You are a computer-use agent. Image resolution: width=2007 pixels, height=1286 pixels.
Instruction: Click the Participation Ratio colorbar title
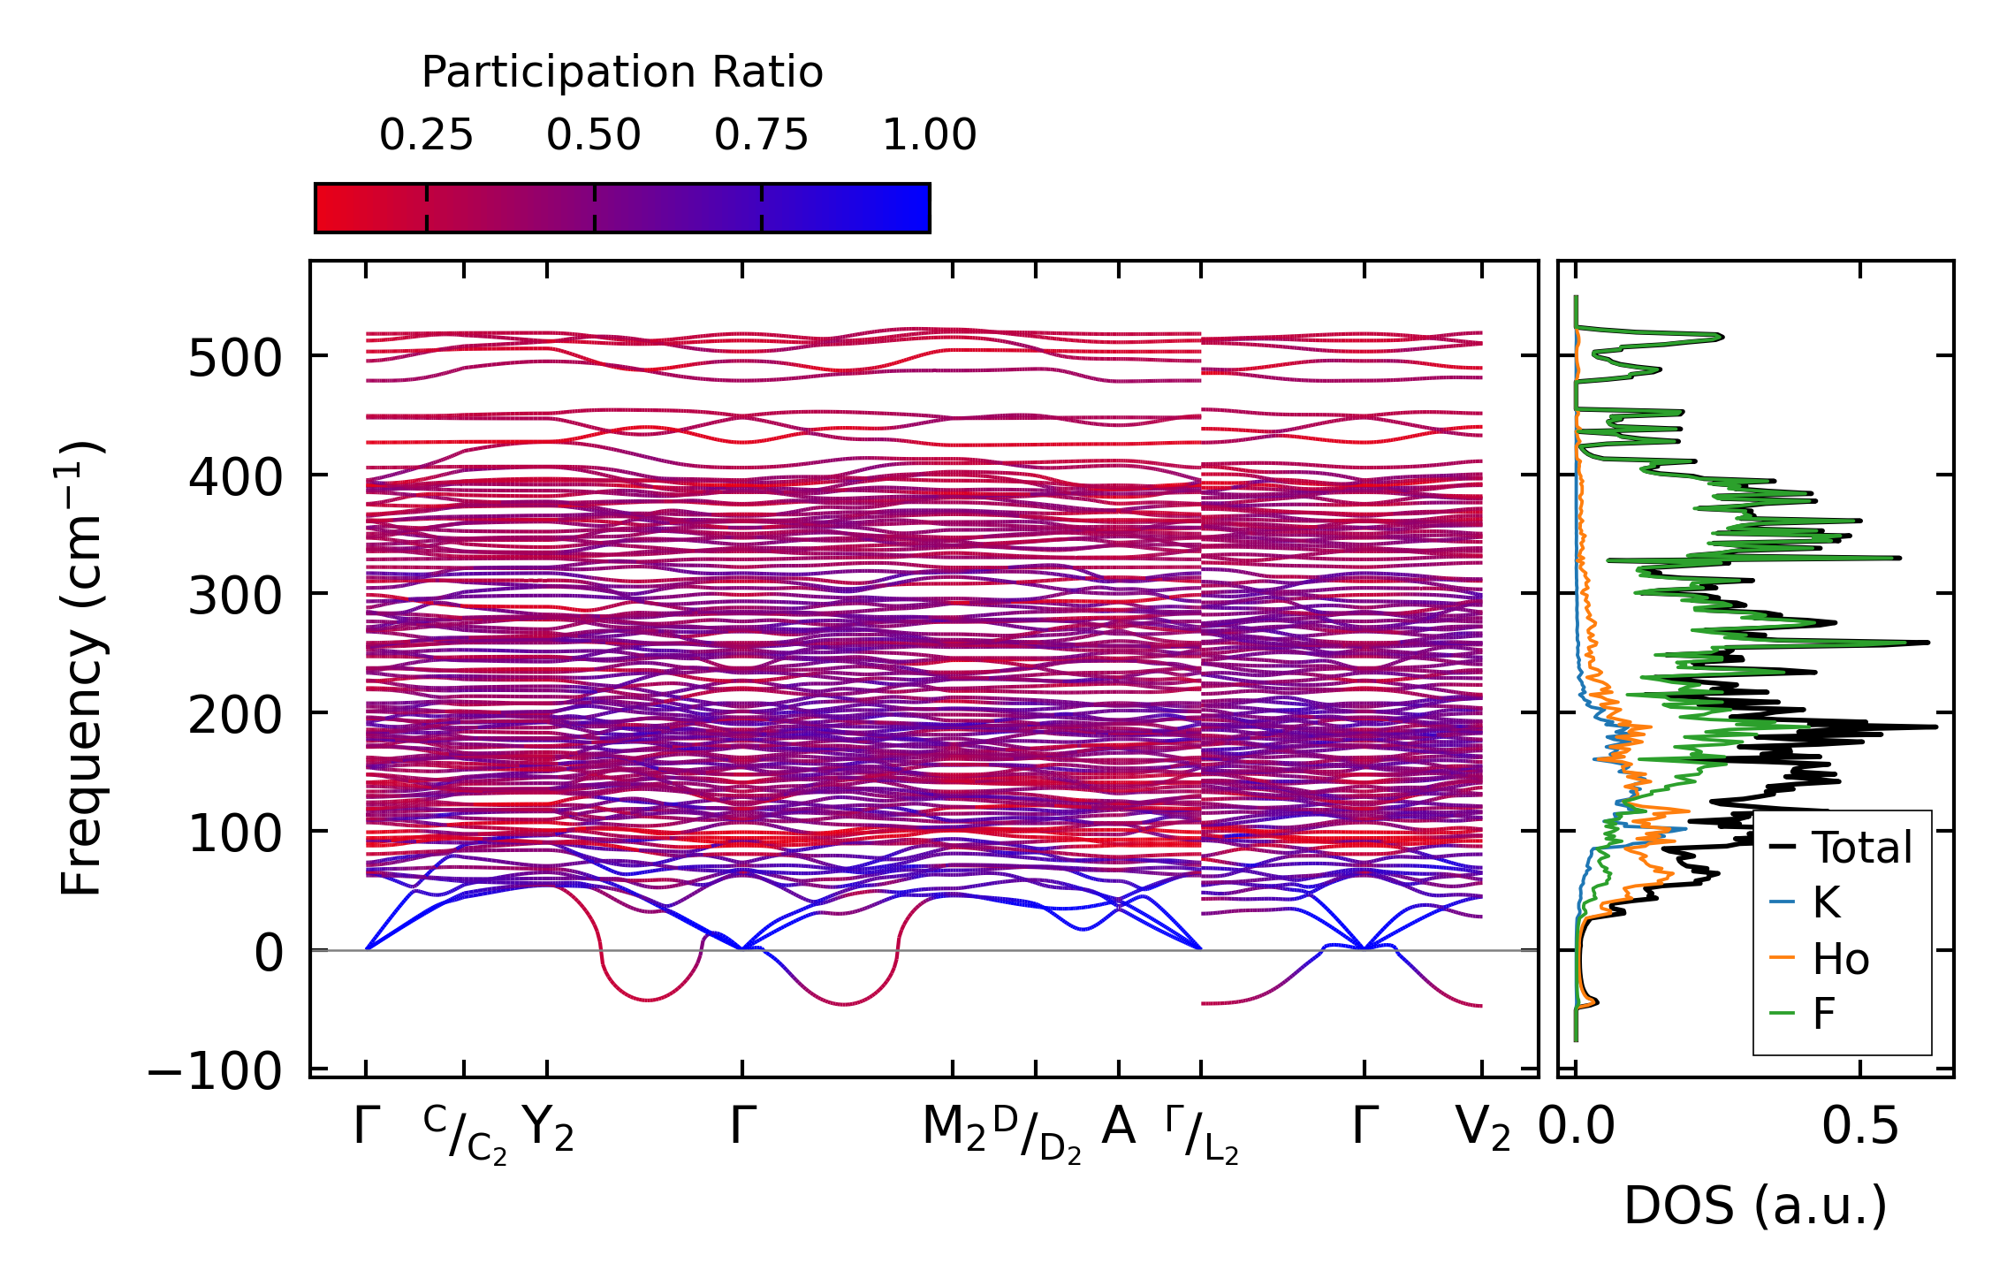coord(622,72)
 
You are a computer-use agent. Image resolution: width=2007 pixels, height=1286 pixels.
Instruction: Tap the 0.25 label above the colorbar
coord(426,135)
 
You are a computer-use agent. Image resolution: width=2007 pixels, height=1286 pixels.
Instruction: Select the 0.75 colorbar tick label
coord(761,135)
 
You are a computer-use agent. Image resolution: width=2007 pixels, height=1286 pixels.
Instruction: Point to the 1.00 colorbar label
coord(929,135)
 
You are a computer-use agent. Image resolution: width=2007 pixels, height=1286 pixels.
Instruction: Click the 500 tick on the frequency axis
coord(235,359)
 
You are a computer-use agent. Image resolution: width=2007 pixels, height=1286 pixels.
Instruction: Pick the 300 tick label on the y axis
coord(235,597)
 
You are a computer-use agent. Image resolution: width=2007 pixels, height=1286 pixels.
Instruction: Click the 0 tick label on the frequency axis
coord(269,954)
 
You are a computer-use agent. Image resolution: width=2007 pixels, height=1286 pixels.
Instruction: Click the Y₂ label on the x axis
coord(548,1129)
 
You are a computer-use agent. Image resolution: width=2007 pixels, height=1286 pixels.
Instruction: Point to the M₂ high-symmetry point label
coord(954,1129)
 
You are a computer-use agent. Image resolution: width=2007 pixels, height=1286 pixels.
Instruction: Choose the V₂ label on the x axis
coord(1482,1129)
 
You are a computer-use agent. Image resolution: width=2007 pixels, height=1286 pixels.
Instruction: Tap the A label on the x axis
coord(1118,1127)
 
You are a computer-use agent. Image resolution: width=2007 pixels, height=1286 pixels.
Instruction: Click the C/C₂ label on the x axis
coord(465,1134)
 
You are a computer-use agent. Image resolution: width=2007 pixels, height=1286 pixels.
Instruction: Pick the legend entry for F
coord(1824,1014)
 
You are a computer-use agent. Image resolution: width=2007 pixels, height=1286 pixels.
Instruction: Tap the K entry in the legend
coord(1826,903)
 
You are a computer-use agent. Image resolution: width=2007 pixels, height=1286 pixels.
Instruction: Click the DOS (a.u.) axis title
coord(1755,1206)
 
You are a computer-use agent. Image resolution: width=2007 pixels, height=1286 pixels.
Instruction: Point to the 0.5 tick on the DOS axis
coord(1860,1127)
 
